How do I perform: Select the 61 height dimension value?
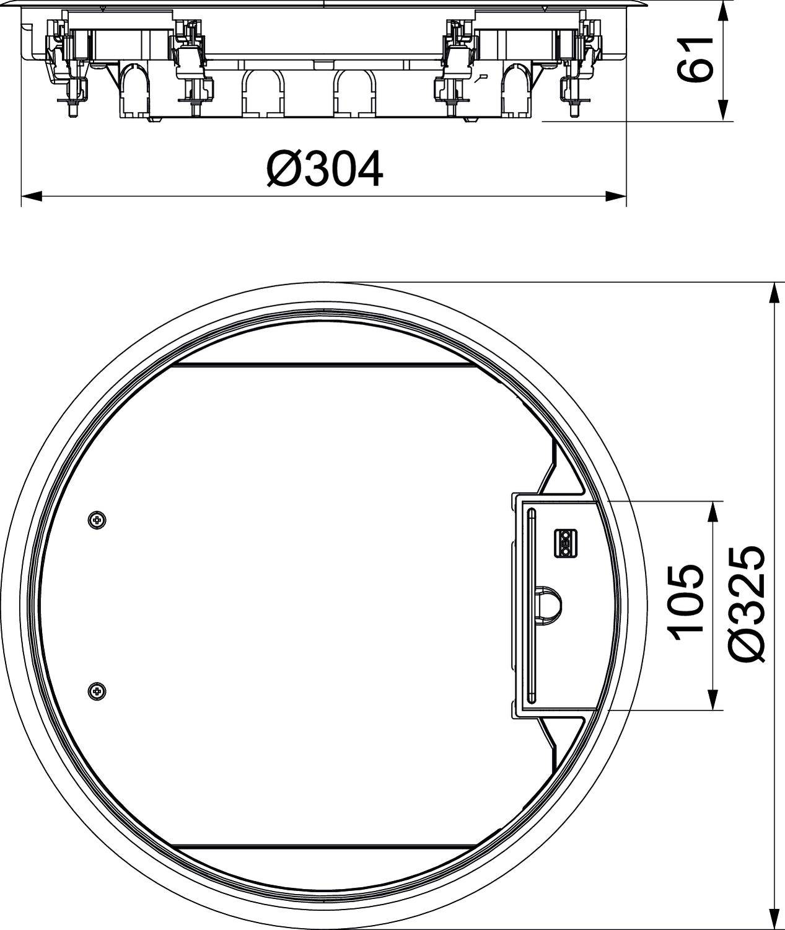[693, 60]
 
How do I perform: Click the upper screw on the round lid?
[96, 519]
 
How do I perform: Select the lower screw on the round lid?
[96, 689]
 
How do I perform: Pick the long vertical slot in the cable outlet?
[531, 604]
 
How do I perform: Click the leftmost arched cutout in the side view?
[134, 91]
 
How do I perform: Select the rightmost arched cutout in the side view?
[518, 91]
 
